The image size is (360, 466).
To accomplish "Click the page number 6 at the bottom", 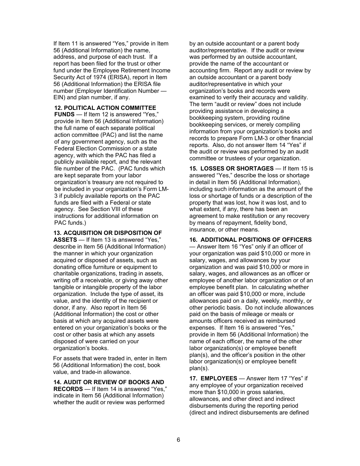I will click(x=178, y=440).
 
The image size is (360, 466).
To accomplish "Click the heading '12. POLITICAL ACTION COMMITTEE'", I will click(x=105, y=108).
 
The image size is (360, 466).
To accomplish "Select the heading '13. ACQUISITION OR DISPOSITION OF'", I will click(x=108, y=233).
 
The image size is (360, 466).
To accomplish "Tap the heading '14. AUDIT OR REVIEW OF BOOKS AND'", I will click(x=109, y=382).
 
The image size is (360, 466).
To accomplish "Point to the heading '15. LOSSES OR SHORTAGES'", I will click(x=232, y=169).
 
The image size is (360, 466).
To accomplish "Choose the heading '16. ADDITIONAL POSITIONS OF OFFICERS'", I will click(x=250, y=240).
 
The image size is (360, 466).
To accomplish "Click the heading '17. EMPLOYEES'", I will click(x=213, y=378).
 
